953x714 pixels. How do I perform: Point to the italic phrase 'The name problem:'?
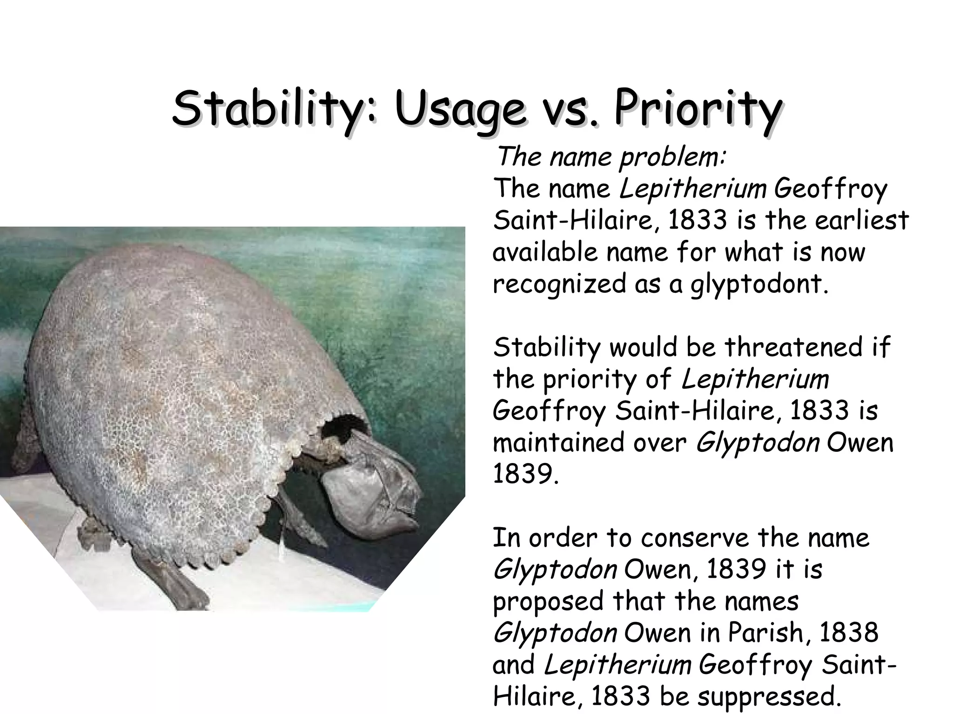611,157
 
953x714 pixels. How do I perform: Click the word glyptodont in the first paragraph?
758,284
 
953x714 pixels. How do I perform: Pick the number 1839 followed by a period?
525,474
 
